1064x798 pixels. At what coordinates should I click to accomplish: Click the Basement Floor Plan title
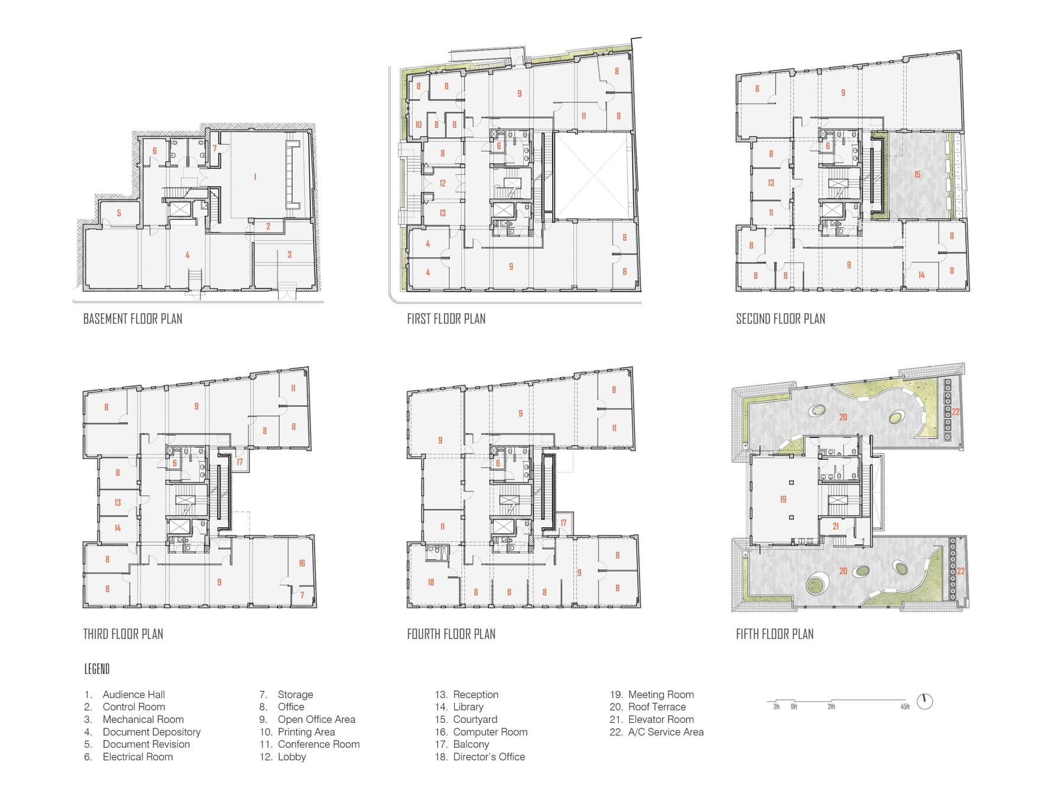pyautogui.click(x=132, y=319)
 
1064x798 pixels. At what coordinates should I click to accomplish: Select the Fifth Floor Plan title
pyautogui.click(x=774, y=634)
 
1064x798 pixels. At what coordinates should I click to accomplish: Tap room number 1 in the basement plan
pyautogui.click(x=255, y=177)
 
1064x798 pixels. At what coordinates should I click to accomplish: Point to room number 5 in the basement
pyautogui.click(x=119, y=213)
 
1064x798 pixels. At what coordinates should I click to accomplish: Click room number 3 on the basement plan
pyautogui.click(x=289, y=254)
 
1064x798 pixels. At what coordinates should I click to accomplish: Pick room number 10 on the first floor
pyautogui.click(x=419, y=125)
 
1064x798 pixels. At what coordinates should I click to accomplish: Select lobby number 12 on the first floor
pyautogui.click(x=442, y=183)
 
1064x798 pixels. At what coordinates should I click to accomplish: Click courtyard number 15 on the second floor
pyautogui.click(x=917, y=174)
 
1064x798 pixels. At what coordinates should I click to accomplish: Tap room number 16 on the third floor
pyautogui.click(x=301, y=563)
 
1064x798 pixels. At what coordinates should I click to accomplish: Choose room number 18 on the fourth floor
pyautogui.click(x=431, y=582)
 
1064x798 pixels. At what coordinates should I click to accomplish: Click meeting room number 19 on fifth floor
pyautogui.click(x=783, y=499)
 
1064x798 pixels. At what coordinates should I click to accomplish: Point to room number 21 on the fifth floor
pyautogui.click(x=835, y=526)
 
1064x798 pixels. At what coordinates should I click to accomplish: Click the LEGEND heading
pyautogui.click(x=97, y=669)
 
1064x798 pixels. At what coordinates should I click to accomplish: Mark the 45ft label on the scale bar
pyautogui.click(x=904, y=707)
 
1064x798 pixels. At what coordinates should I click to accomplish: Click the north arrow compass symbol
pyautogui.click(x=924, y=702)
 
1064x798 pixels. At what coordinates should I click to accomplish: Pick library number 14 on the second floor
pyautogui.click(x=921, y=275)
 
